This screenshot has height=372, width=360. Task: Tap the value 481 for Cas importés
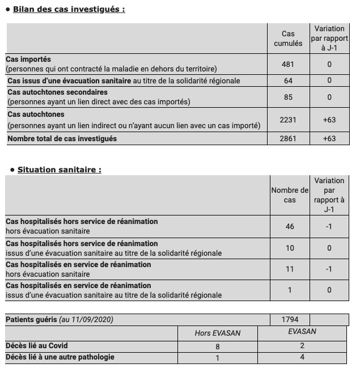click(288, 65)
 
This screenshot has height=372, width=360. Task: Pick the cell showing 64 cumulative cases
click(288, 81)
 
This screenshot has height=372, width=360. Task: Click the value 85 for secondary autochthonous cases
click(288, 97)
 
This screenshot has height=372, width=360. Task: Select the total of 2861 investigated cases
click(288, 138)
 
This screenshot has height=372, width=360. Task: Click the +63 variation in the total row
click(329, 138)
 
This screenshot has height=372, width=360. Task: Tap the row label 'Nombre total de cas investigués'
click(62, 138)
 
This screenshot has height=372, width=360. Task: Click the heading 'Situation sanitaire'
click(59, 169)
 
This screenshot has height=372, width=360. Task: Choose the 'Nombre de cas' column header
click(290, 195)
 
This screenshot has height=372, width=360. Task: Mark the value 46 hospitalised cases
click(290, 226)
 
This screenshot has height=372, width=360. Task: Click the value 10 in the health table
click(290, 248)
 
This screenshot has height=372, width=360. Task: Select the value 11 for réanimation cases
click(290, 269)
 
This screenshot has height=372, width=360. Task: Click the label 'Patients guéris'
click(32, 319)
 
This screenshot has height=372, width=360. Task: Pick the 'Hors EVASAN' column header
click(218, 333)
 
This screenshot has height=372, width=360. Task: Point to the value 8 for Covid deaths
click(218, 345)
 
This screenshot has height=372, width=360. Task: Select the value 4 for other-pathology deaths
click(302, 357)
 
